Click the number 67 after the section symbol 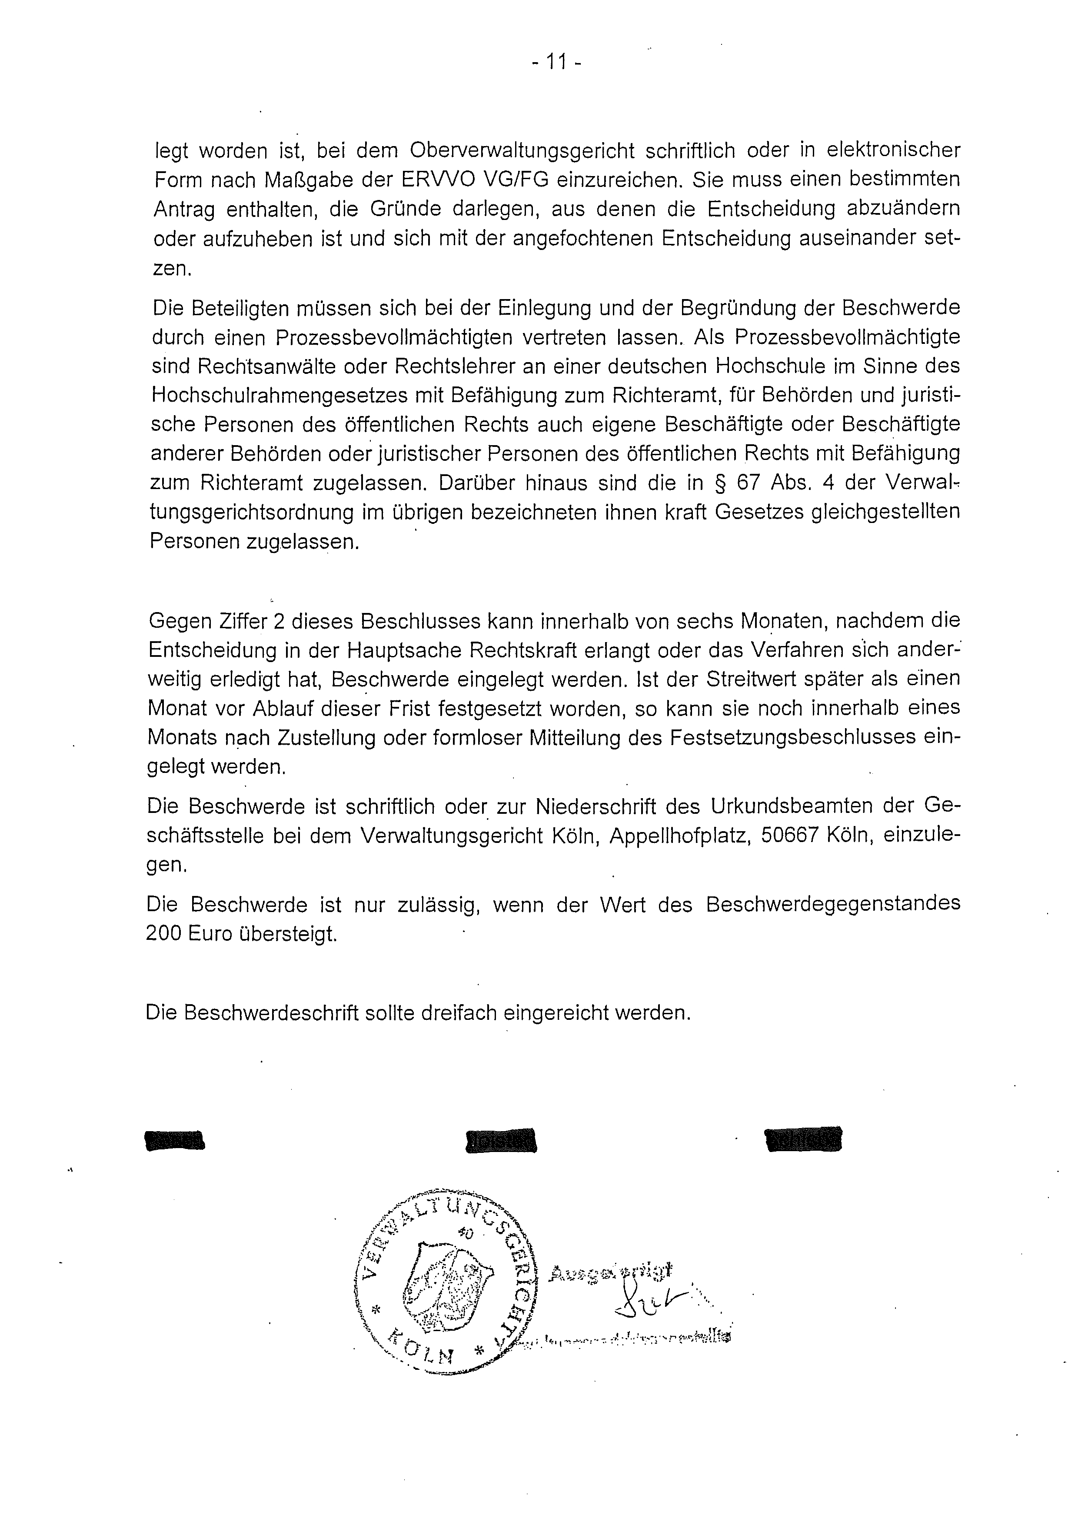[x=747, y=483]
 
